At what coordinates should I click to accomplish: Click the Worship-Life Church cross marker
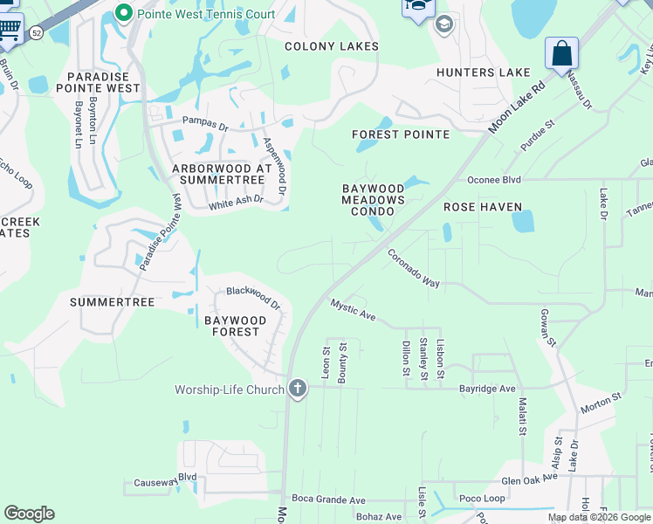(297, 390)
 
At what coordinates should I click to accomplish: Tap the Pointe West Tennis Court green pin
(123, 13)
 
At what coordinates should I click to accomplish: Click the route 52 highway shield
(36, 31)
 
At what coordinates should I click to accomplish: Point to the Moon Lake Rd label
(517, 107)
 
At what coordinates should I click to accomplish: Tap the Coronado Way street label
(414, 268)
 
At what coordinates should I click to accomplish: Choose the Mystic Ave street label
(353, 309)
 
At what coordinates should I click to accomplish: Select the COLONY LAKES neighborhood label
(332, 45)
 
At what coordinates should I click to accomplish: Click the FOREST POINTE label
(401, 134)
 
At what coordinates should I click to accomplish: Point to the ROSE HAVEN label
(483, 207)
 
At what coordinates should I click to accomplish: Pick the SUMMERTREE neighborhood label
(112, 302)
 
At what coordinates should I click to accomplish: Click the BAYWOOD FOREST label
(232, 327)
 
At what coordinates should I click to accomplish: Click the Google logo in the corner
(29, 514)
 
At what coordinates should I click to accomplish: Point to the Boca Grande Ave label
(328, 500)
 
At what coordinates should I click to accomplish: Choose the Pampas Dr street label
(204, 123)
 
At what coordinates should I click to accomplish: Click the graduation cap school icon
(443, 24)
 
